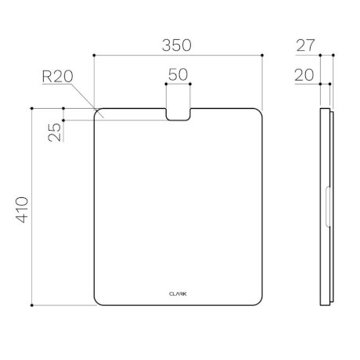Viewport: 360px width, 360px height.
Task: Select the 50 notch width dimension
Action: [x=178, y=75]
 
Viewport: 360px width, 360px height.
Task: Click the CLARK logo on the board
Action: [x=178, y=293]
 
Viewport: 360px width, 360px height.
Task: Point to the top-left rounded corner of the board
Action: [x=98, y=112]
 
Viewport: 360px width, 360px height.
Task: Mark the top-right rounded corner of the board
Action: [x=259, y=112]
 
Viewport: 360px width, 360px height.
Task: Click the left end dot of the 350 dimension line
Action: [x=94, y=55]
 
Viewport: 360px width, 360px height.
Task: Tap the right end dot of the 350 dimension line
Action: [x=263, y=55]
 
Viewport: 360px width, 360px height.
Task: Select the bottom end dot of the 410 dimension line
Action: [x=31, y=304]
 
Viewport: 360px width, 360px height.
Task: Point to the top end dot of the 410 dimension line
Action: [x=31, y=107]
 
